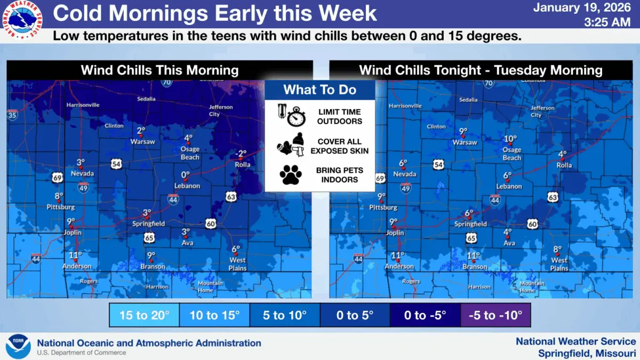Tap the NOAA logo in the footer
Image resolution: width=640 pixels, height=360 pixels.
click(x=18, y=346)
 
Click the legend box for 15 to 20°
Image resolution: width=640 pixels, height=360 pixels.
click(x=144, y=315)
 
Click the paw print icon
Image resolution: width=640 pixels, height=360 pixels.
click(x=291, y=174)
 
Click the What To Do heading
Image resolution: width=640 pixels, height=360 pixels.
click(x=319, y=90)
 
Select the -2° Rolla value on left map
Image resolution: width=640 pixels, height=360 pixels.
click(x=242, y=154)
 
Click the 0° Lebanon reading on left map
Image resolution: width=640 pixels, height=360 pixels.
click(x=186, y=175)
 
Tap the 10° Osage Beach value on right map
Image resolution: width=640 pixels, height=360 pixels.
click(x=510, y=139)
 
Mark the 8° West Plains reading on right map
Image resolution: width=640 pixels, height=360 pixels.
click(x=558, y=249)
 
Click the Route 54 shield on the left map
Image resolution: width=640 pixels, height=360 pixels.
click(x=116, y=164)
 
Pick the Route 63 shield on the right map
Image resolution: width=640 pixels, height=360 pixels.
click(x=553, y=197)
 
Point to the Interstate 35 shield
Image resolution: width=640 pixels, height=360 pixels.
click(x=12, y=114)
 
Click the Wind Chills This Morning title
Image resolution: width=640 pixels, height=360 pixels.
click(x=159, y=70)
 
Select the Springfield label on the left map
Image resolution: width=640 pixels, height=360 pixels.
click(x=148, y=224)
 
